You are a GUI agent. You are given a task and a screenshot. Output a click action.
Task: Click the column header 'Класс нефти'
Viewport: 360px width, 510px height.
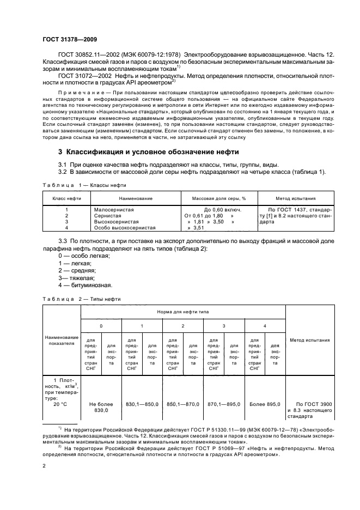click(x=66, y=199)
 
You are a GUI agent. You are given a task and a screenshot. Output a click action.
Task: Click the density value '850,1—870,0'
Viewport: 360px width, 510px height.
click(x=183, y=404)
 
